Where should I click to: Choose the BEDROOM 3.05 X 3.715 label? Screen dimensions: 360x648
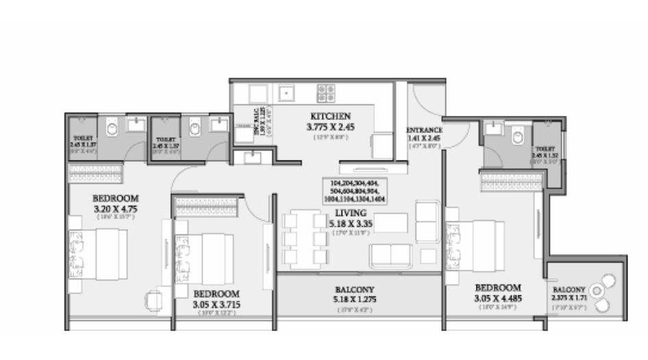tap(216, 299)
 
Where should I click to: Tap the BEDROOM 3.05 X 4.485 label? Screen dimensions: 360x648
tap(498, 292)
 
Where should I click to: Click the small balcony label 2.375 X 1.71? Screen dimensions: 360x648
tap(568, 293)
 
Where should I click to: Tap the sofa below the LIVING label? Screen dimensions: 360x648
tap(392, 255)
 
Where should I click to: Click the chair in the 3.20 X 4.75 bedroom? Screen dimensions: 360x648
tap(154, 299)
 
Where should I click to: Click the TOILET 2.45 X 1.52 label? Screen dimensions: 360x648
tap(545, 152)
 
